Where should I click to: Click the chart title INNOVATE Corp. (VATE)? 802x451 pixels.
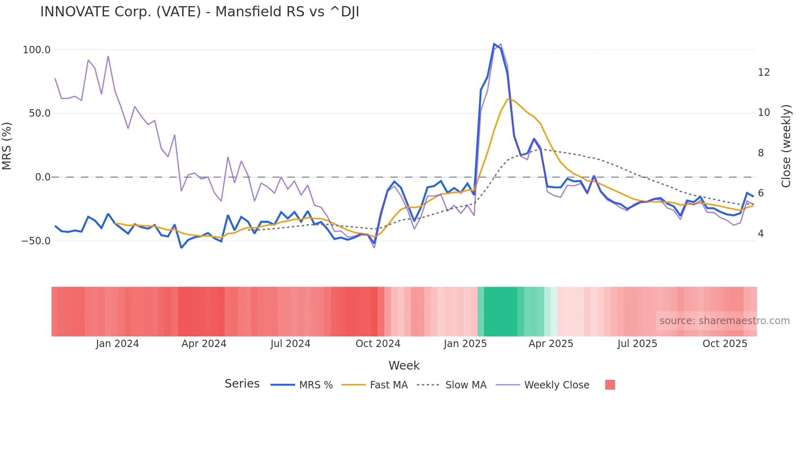(199, 12)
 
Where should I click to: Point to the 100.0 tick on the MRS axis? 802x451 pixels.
(36, 50)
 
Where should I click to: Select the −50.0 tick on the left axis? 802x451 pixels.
(36, 241)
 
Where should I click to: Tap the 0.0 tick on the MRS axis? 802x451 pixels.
(43, 177)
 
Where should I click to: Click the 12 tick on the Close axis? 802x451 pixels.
(764, 72)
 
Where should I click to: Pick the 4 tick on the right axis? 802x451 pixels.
(761, 234)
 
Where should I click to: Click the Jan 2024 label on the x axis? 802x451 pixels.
(117, 344)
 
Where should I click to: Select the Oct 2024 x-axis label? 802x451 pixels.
(378, 344)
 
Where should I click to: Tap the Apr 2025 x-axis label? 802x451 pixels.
(551, 344)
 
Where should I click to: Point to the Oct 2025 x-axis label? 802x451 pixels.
(725, 344)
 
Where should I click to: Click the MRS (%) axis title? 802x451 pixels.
(7, 146)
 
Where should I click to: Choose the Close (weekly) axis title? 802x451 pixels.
(786, 146)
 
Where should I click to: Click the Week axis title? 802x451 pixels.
(404, 365)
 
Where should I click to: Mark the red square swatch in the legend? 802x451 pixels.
(610, 385)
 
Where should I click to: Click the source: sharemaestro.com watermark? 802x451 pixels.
(724, 321)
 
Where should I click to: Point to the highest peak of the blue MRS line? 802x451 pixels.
(494, 44)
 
